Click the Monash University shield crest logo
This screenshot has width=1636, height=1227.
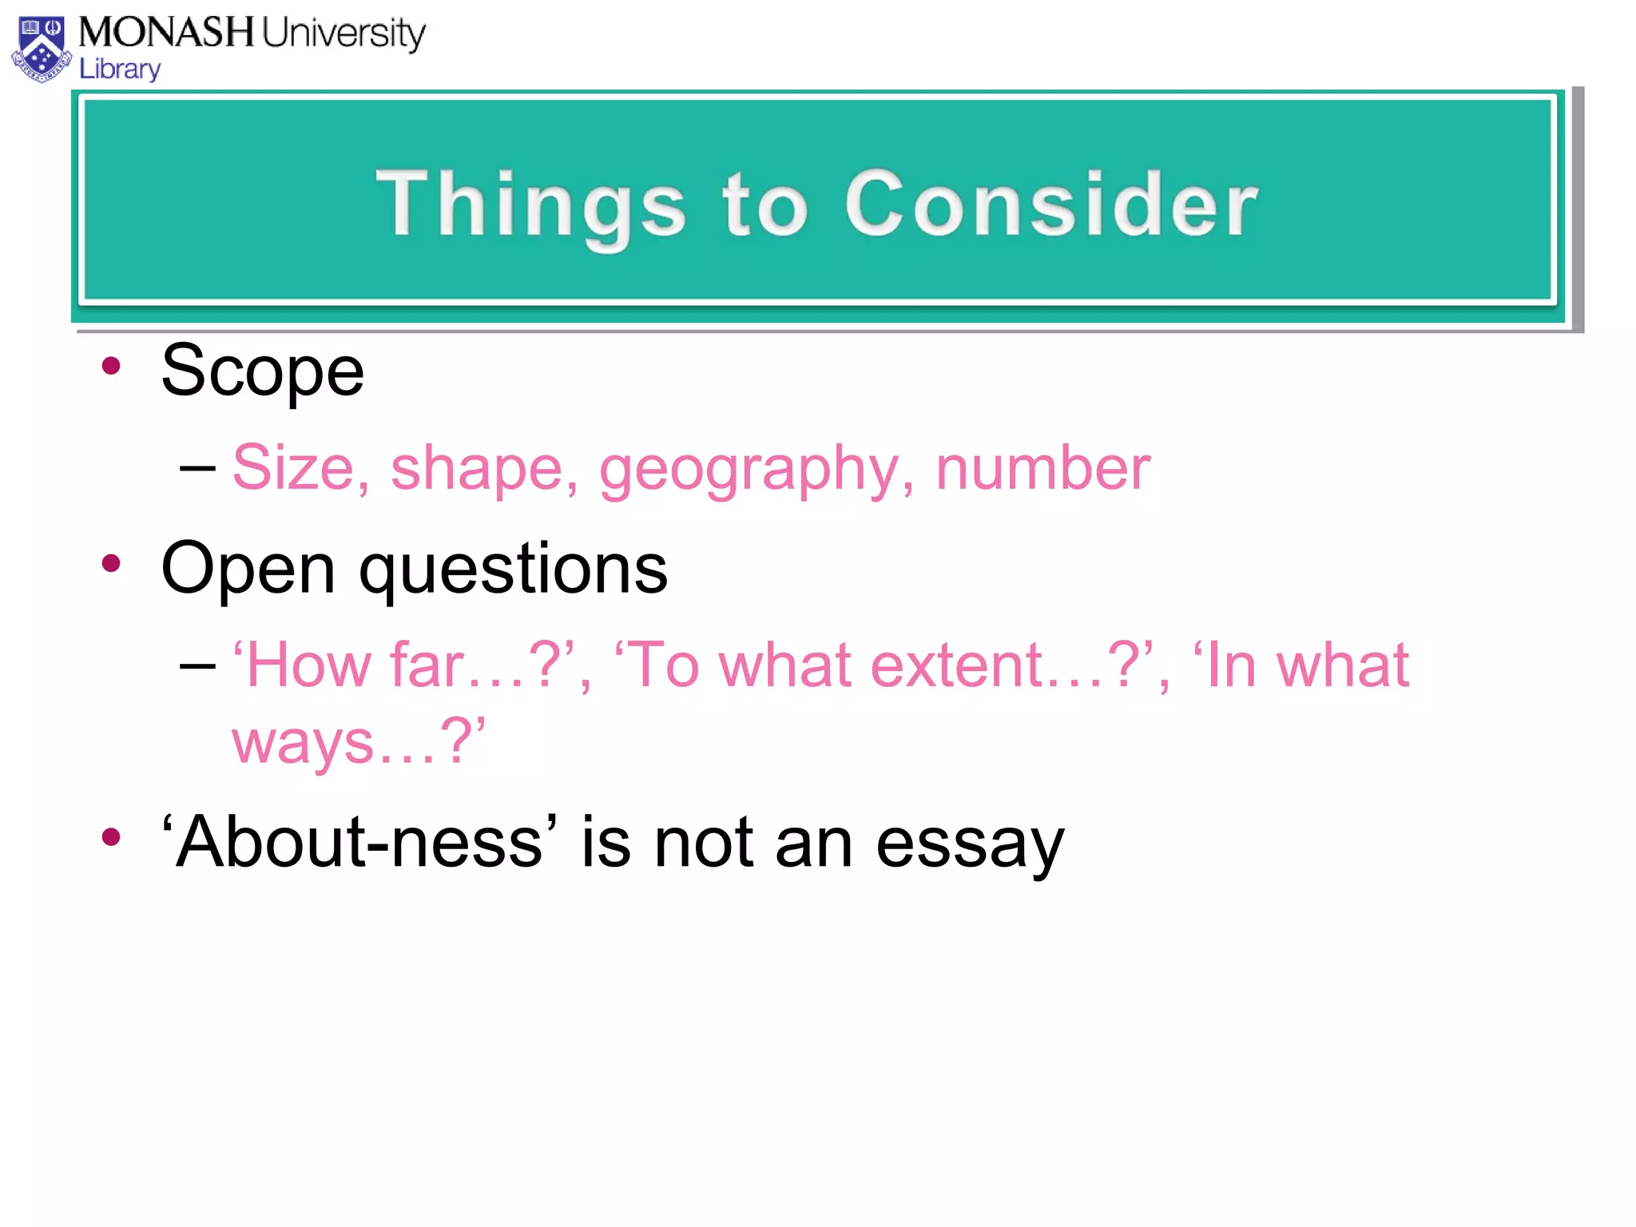[42, 50]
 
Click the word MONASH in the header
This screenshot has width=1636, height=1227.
[166, 33]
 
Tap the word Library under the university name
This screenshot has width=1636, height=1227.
[120, 69]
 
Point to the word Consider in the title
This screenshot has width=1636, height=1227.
[1051, 205]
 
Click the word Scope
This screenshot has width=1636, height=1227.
[262, 371]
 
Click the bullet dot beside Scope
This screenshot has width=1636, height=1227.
[111, 367]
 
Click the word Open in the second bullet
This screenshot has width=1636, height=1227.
[248, 570]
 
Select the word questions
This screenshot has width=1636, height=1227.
[513, 570]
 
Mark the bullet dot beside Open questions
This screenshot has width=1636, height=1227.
[111, 564]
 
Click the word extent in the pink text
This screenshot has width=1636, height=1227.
[956, 665]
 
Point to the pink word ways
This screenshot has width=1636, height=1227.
[303, 741]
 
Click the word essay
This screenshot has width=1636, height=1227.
[970, 844]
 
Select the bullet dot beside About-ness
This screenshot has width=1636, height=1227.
[111, 837]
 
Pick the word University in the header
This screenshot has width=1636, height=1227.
[343, 34]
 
